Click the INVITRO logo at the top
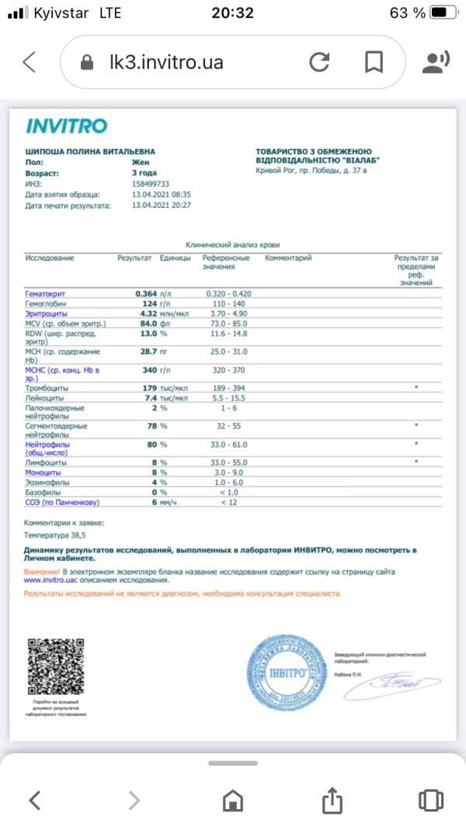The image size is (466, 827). click(66, 126)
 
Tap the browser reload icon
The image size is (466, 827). click(319, 62)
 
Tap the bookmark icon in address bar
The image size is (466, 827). click(374, 62)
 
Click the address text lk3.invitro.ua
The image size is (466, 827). click(166, 62)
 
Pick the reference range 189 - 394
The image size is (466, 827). click(226, 387)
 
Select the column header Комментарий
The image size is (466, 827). click(288, 258)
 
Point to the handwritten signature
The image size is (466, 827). click(396, 683)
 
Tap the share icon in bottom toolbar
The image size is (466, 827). click(332, 799)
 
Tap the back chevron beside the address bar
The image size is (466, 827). click(30, 62)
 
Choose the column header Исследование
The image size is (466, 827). click(50, 258)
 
